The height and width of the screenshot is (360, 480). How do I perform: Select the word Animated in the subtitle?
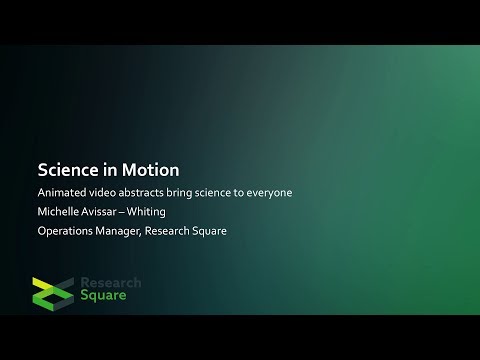point(62,192)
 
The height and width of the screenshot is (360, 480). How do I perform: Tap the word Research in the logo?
point(110,283)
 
